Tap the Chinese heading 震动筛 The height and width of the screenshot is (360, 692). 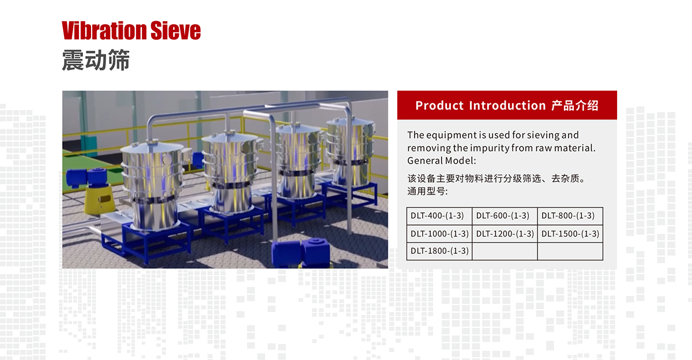point(96,60)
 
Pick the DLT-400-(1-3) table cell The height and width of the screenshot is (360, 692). point(439,216)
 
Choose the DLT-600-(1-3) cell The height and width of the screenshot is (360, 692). point(505,216)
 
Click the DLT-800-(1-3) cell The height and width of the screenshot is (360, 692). point(570,216)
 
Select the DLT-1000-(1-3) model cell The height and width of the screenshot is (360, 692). point(439,234)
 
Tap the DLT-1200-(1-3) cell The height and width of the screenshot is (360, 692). point(505,234)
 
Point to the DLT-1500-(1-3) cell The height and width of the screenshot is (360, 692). point(570,234)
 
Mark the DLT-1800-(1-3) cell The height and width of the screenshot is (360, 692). point(439,251)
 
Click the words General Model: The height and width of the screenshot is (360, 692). point(442,161)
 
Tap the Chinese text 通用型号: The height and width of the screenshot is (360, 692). point(427,192)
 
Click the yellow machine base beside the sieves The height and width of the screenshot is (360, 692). point(98,198)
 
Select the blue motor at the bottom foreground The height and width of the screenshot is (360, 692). point(301,253)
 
